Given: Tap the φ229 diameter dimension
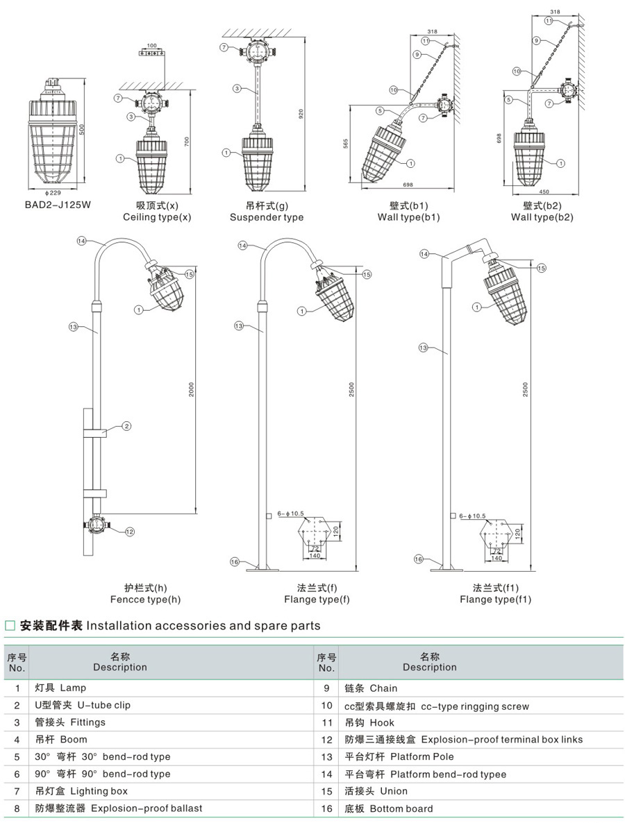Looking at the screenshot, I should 53,192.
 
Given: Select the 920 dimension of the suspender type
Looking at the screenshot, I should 301,114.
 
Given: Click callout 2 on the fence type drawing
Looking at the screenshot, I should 126,426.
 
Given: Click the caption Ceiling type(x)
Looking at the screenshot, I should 157,217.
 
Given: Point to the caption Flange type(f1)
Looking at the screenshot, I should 495,600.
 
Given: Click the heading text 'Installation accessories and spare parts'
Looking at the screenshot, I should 203,626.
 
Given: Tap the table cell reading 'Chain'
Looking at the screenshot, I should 383,688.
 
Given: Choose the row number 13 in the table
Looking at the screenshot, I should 326,757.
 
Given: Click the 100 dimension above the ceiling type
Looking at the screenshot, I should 152,46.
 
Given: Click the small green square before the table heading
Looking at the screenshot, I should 10,626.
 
